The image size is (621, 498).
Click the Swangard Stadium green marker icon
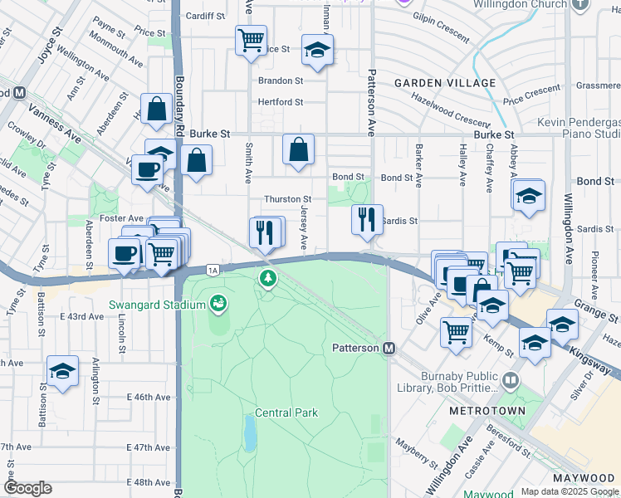(x=219, y=304)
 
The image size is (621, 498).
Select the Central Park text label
(x=286, y=413)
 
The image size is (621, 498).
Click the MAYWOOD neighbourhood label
(x=584, y=479)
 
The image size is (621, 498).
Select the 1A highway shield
(x=213, y=270)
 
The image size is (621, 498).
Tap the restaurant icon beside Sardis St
(x=367, y=220)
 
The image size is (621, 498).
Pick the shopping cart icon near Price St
(x=251, y=39)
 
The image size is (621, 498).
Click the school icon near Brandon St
(x=317, y=50)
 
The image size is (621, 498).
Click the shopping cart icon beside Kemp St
(x=457, y=331)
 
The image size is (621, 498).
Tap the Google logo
(x=28, y=488)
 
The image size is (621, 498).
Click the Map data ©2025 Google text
(x=570, y=491)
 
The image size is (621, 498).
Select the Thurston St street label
(x=287, y=199)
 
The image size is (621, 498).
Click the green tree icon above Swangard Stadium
(x=267, y=277)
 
